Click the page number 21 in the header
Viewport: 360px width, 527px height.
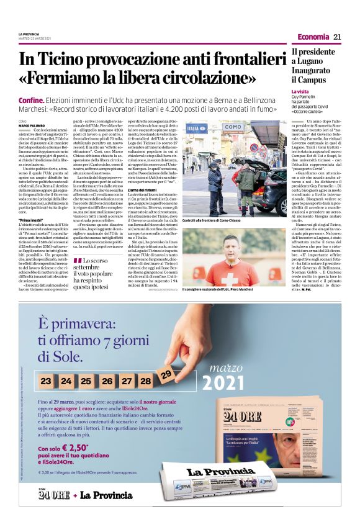(338, 37)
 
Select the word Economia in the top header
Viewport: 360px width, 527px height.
(313, 37)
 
